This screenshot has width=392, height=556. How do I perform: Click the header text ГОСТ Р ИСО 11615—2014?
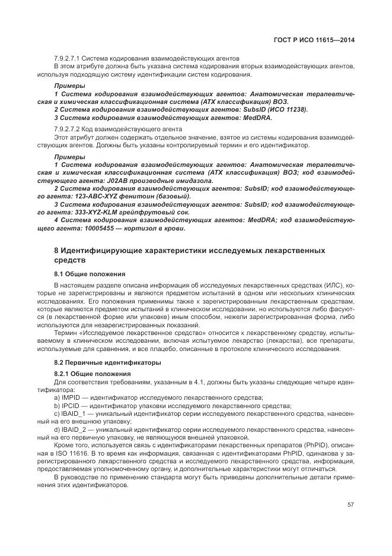[320, 40]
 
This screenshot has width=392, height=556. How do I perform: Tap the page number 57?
[350, 504]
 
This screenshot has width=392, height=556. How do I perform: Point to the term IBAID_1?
[74, 413]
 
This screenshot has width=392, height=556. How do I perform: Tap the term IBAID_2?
[74, 429]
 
